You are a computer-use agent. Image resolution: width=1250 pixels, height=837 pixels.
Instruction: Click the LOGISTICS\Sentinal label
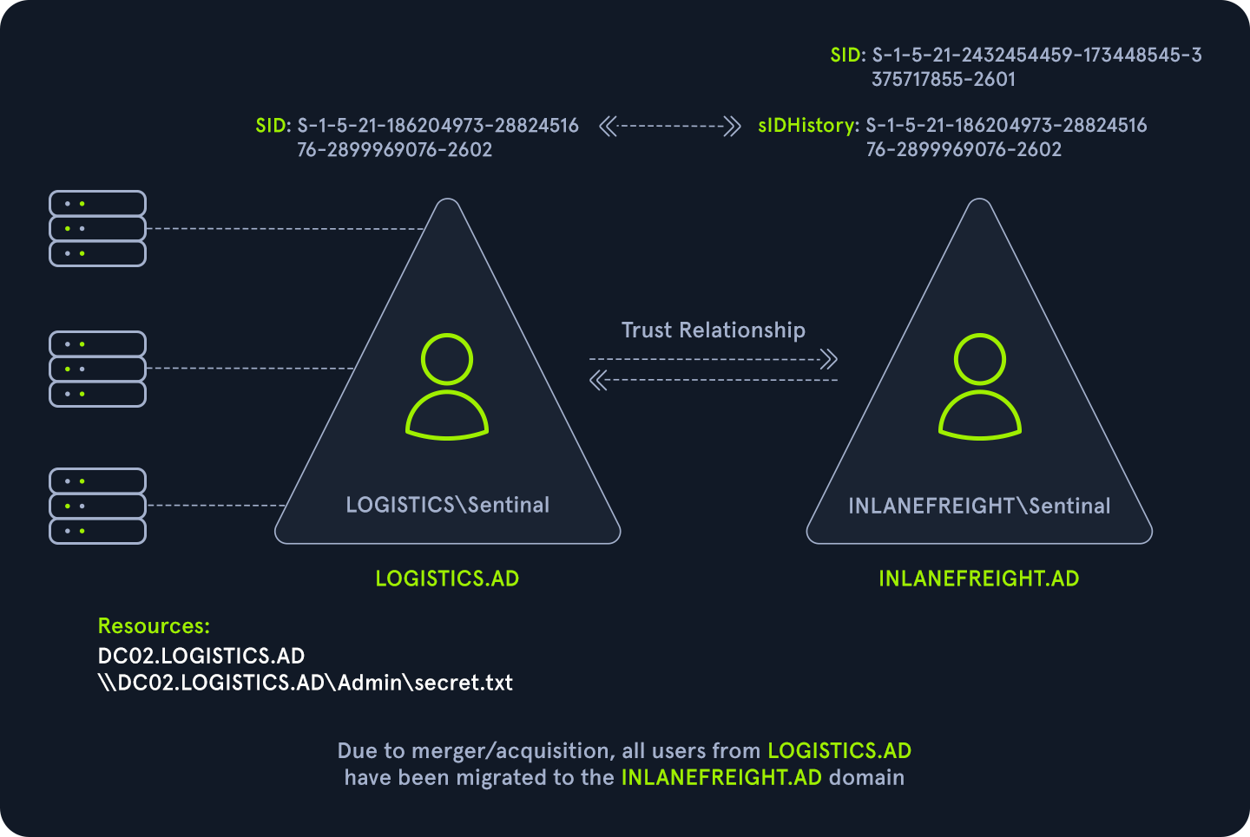pos(447,505)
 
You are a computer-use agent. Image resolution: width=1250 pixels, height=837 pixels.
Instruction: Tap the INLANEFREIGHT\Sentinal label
pos(979,506)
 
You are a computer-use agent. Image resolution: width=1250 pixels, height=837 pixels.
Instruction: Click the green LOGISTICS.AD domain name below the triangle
pos(447,579)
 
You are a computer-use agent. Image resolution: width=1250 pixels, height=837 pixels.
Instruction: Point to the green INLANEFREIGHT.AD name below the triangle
pos(978,579)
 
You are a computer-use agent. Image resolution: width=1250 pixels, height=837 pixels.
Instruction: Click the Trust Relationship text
pos(713,330)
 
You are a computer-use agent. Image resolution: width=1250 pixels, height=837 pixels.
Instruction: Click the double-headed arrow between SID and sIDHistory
pos(669,127)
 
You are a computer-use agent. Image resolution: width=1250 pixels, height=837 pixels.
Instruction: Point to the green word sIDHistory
pos(806,125)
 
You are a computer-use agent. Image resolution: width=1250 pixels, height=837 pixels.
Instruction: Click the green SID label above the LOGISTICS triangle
pos(272,126)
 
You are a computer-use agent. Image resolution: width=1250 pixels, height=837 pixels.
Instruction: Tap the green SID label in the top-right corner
pos(846,56)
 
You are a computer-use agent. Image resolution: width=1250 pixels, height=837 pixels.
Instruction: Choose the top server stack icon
pos(97,228)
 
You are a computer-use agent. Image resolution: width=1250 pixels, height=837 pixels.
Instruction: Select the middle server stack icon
pos(97,369)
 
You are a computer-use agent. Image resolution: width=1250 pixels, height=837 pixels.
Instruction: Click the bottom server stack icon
pos(97,506)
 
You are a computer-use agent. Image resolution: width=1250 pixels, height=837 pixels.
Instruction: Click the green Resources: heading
pos(154,626)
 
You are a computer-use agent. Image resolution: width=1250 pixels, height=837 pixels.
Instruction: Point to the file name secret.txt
pos(464,683)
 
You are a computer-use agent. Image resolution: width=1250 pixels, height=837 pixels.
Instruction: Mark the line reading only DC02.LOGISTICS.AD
pos(201,656)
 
